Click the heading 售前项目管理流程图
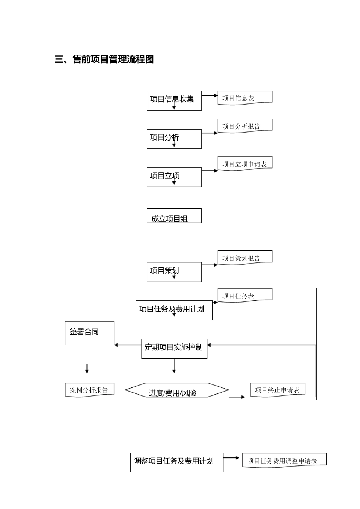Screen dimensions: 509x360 pos(104,59)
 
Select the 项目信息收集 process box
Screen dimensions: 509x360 pos(174,100)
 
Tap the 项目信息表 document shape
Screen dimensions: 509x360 pos(245,98)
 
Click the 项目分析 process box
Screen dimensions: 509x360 pos(174,139)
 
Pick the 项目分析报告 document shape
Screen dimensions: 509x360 pos(245,126)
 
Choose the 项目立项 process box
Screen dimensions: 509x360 pos(174,177)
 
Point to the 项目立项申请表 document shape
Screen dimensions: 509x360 pos(245,164)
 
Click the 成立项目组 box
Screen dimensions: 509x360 pos(174,216)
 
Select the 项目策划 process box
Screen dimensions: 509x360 pos(174,272)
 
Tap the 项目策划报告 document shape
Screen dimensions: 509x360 pos(245,258)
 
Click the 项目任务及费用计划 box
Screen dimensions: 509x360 pos(174,310)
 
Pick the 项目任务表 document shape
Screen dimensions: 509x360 pos(245,295)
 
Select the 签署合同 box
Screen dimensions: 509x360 pos(89,333)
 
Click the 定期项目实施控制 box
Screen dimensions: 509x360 pos(174,348)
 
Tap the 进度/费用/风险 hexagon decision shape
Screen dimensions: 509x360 pos(177,390)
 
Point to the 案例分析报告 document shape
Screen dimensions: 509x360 pos(89,390)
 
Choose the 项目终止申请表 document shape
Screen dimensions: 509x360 pos(277,390)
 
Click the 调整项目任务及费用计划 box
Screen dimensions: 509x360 pos(177,462)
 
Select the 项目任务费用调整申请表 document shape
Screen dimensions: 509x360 pos(284,460)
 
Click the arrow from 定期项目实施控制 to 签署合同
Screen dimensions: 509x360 pos(128,345)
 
